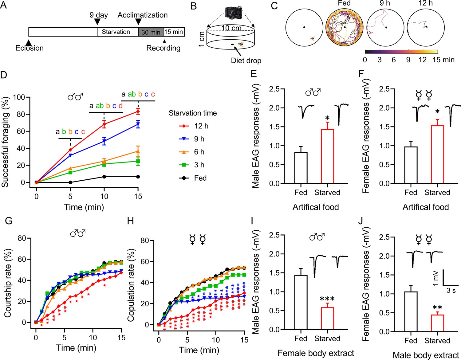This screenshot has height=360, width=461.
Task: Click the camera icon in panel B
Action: (x=234, y=13)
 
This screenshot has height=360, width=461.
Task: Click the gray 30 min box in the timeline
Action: (x=151, y=32)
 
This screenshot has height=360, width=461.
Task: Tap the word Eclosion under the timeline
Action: (x=30, y=48)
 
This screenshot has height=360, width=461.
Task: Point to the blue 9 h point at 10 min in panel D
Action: (x=104, y=141)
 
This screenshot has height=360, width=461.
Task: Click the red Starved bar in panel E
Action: (x=327, y=156)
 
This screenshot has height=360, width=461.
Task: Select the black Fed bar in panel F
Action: (x=411, y=165)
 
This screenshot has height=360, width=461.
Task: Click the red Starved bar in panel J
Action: (x=437, y=323)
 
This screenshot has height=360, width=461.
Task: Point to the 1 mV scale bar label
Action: (x=435, y=278)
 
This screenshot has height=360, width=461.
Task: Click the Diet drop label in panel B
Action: (x=246, y=61)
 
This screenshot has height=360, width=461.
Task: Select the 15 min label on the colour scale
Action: (x=443, y=60)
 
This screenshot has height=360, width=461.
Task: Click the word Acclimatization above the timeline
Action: (x=143, y=15)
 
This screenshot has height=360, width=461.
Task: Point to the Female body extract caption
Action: (x=316, y=353)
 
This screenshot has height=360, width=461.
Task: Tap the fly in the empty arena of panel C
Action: (x=312, y=38)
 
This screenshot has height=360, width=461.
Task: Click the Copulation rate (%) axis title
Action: (x=131, y=285)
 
